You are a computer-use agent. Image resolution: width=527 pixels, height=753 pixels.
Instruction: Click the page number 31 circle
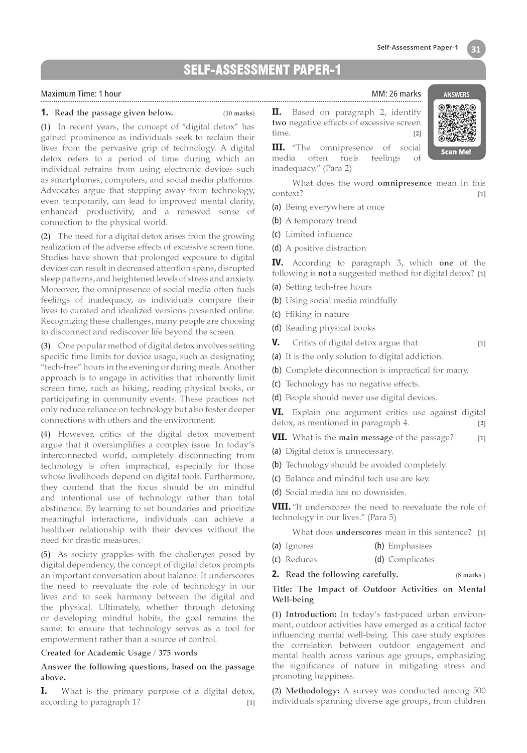pos(476,49)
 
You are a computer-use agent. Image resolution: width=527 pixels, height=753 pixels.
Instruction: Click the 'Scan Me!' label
pos(456,152)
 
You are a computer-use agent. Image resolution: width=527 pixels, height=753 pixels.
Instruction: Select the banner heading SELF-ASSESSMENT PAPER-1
pos(262,70)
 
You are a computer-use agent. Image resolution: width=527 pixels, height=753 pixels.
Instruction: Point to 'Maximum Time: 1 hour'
pos(81,94)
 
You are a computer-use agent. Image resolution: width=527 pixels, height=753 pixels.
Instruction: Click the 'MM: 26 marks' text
pos(396,94)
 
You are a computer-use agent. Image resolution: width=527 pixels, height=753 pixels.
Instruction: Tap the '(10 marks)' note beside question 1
pos(238,113)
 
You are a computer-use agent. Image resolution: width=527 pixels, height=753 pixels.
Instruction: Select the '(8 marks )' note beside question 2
pos(470,575)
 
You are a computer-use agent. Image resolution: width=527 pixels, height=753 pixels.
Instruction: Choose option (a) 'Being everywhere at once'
pos(335,207)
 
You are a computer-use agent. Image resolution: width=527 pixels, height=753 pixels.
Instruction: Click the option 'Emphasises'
pos(410,546)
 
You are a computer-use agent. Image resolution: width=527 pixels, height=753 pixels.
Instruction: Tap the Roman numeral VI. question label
pos(278,412)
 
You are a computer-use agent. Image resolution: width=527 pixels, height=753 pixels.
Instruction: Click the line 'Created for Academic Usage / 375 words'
pos(119,653)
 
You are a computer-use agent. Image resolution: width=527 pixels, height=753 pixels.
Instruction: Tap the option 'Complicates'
pos(411,559)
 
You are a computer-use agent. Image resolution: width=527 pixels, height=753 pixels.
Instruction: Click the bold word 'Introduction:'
pos(311,614)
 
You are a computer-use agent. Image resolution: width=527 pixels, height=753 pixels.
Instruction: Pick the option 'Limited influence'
pos(319,234)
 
